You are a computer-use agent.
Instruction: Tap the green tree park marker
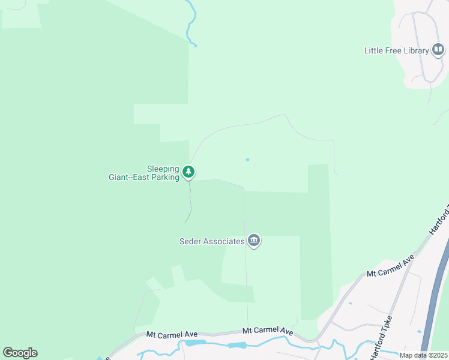click(x=189, y=173)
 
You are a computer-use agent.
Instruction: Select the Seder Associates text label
click(x=212, y=241)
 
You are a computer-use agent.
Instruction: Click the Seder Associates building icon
click(x=254, y=241)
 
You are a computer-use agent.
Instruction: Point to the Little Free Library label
click(x=396, y=50)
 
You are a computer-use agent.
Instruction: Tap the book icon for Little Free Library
click(x=438, y=50)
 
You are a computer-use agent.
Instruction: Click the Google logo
click(x=20, y=353)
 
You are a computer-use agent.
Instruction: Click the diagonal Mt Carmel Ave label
click(x=391, y=266)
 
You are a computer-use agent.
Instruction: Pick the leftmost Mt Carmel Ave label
click(x=172, y=333)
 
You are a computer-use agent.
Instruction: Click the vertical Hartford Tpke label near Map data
click(x=381, y=338)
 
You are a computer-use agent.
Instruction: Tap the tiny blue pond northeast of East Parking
click(x=247, y=159)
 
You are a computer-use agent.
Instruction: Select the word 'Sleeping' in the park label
click(x=163, y=169)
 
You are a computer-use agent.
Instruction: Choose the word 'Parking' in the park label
click(x=166, y=177)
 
